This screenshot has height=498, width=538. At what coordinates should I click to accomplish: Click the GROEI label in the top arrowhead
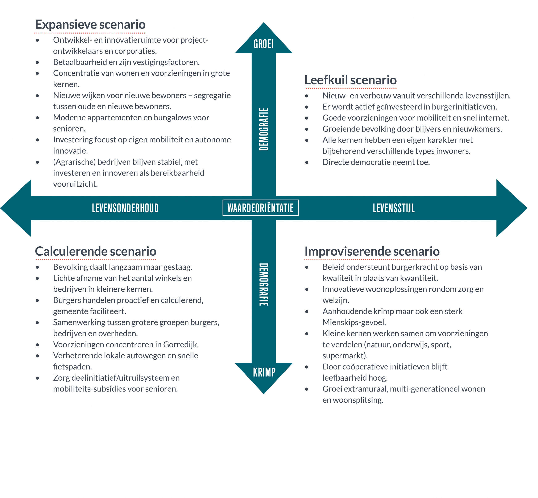pos(264,44)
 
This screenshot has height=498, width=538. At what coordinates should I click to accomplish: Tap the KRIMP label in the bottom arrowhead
pos(264,372)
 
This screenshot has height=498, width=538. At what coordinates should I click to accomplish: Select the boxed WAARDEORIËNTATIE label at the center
pos(261,208)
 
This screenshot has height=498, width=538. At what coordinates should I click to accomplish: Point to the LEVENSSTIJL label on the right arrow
pos(393,208)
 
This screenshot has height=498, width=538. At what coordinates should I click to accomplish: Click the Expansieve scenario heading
pos(90,25)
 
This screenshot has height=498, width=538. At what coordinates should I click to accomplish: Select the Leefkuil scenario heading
pos(350,80)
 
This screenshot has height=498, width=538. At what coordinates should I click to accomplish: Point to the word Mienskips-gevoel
pos(354,322)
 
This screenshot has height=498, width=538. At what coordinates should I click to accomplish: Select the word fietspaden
pos(72,367)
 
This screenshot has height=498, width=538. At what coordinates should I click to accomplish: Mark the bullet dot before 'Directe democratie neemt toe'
pos(307,163)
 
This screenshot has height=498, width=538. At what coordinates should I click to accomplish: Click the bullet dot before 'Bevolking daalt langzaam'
pos(37,267)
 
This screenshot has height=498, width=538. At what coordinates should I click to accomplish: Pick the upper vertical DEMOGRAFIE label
pos(264,129)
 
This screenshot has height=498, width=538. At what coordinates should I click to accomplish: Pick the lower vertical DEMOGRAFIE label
pos(264,285)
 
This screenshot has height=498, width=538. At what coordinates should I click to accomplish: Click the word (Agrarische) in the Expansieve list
pos(74,162)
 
